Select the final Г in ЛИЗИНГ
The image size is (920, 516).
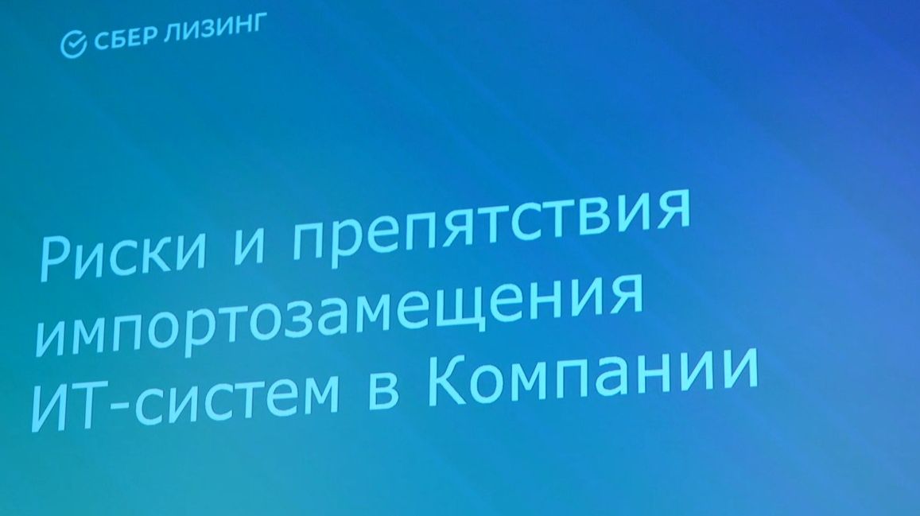point(258,25)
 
